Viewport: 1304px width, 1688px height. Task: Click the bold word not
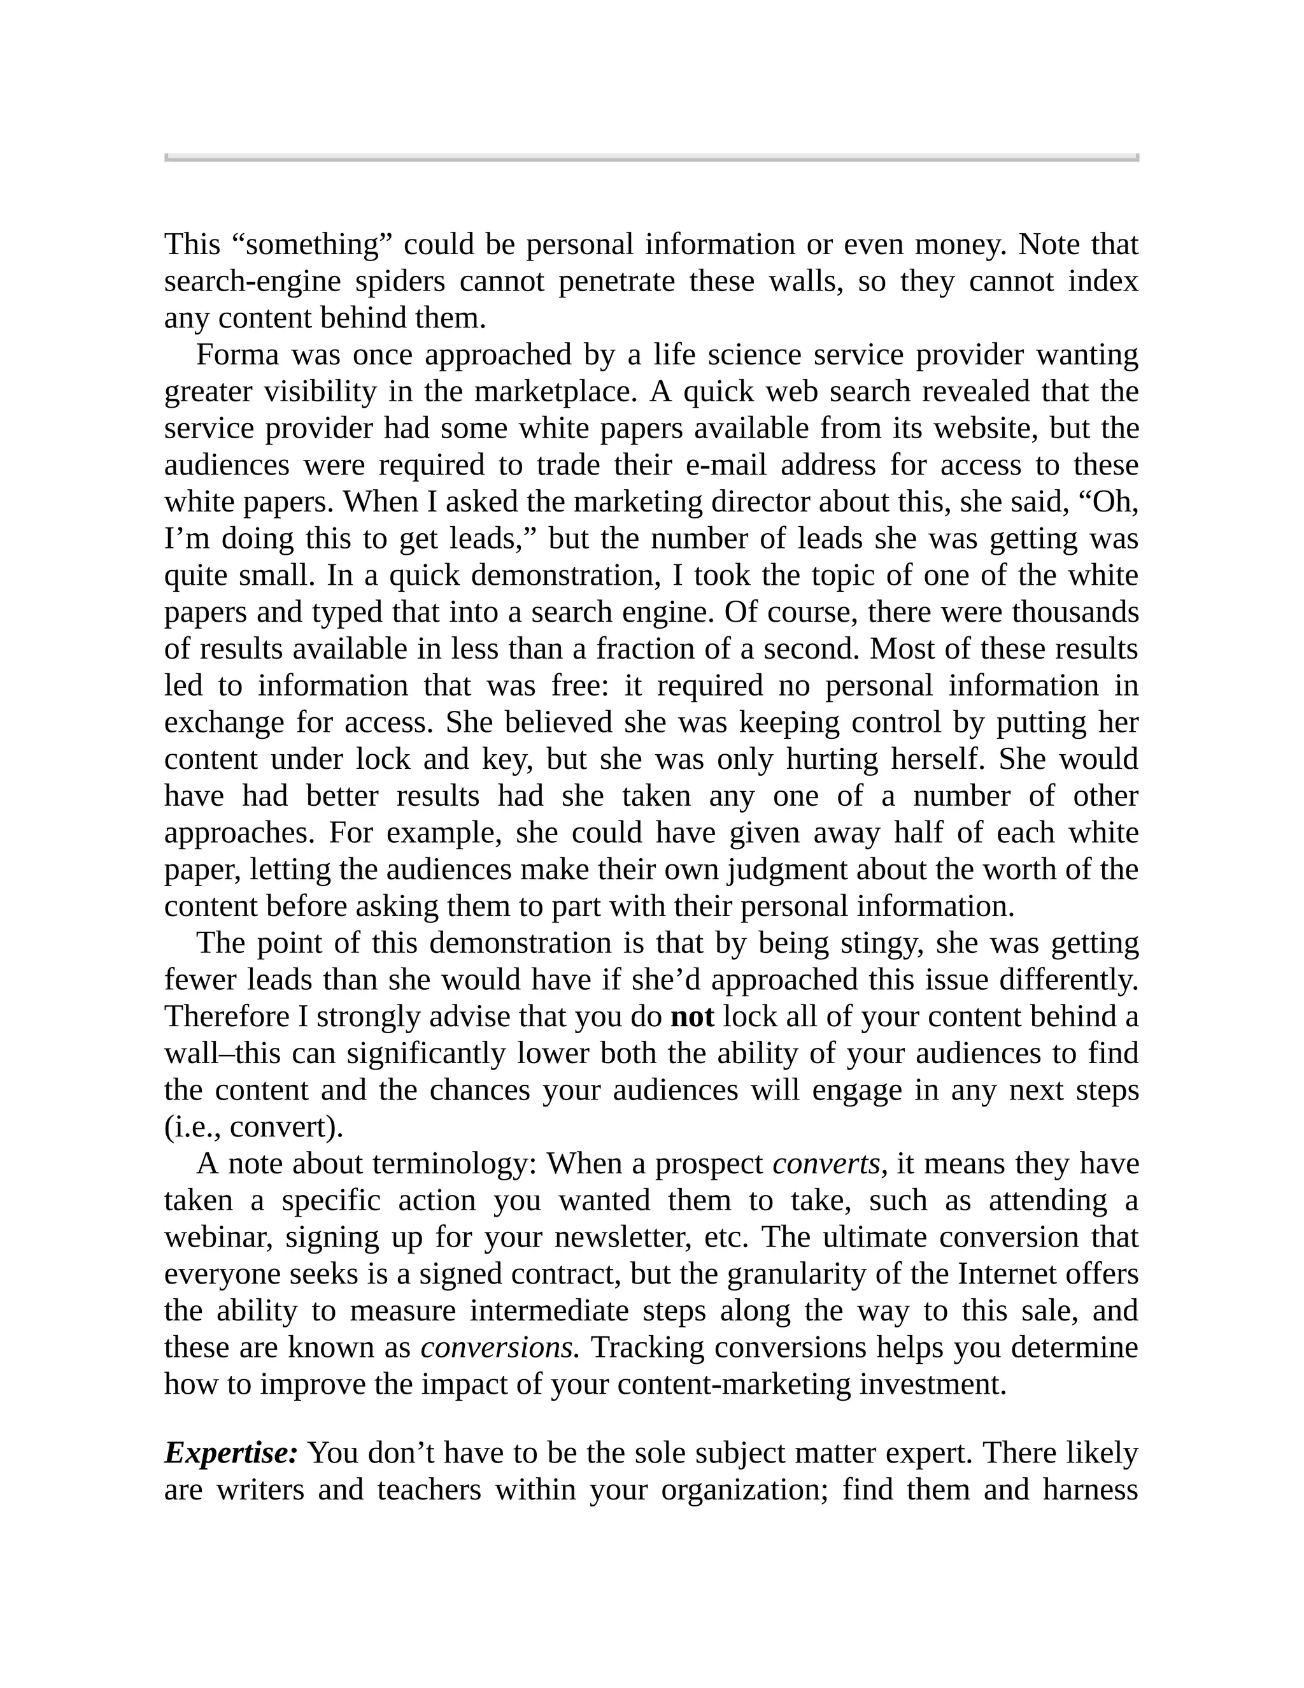[x=691, y=1017]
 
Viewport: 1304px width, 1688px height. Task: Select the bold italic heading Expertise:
[x=231, y=1453]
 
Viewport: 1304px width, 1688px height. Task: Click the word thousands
[x=1075, y=612]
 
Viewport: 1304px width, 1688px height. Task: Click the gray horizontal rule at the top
[x=651, y=158]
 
